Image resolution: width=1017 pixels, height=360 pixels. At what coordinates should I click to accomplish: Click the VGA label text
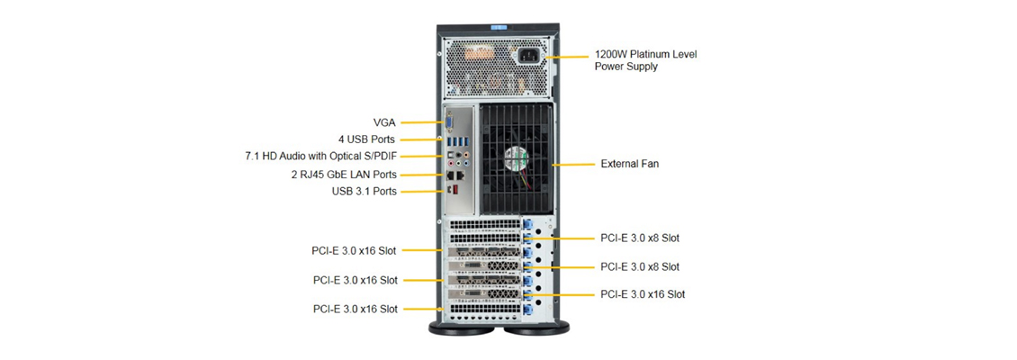pos(384,121)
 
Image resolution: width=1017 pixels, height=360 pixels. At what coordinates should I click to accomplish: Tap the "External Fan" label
pos(630,164)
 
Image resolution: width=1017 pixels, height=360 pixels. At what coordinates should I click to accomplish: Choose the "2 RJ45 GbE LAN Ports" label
pos(344,175)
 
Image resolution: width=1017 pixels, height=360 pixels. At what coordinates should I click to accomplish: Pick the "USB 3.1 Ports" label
pos(364,192)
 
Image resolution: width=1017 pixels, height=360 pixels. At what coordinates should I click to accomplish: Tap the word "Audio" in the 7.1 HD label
pos(296,157)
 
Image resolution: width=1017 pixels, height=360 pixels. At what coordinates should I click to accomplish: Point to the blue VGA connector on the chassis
pos(448,123)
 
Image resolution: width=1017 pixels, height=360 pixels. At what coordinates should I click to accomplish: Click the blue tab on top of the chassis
pos(499,28)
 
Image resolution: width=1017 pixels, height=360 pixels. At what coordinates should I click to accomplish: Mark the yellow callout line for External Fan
pos(575,164)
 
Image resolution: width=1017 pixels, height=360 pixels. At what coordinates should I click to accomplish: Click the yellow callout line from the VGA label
pos(422,121)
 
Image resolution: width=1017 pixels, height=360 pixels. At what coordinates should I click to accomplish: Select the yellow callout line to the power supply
pos(568,58)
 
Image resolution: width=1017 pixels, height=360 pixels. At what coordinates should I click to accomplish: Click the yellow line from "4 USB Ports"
pos(420,139)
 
